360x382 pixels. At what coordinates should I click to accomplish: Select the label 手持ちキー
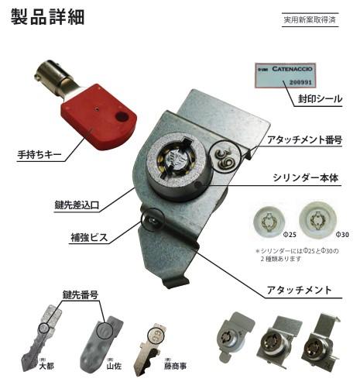pyautogui.click(x=37, y=153)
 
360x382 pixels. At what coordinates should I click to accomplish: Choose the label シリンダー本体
pyautogui.click(x=307, y=177)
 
